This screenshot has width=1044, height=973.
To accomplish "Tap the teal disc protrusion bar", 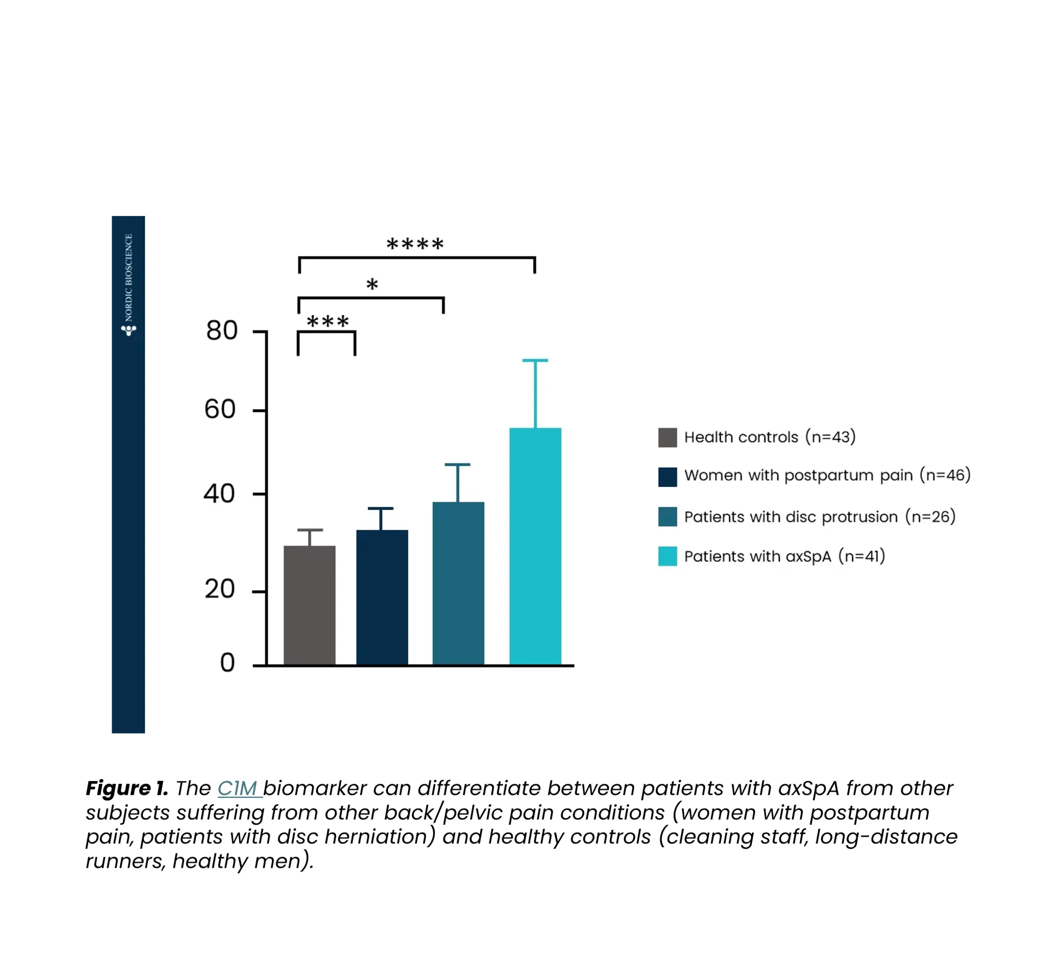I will (x=458, y=583).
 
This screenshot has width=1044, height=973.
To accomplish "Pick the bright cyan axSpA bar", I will (x=535, y=546).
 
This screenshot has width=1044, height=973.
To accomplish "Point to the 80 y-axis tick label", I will (x=221, y=330).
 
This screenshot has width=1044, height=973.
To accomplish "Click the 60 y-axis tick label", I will (x=220, y=409).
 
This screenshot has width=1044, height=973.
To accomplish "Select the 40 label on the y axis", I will (x=219, y=494).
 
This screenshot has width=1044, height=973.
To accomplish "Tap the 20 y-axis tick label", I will (x=219, y=589).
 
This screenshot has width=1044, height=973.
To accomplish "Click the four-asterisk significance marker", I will (x=415, y=244).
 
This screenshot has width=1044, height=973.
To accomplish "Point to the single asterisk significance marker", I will (x=372, y=285).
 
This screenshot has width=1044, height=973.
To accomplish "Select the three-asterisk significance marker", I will (x=328, y=321).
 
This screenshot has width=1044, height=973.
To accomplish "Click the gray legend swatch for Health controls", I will (x=667, y=437).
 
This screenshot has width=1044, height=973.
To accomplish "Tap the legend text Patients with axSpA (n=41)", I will (x=784, y=556).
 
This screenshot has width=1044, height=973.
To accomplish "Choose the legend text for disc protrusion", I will (x=819, y=517).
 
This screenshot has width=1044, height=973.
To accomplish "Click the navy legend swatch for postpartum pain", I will (x=667, y=477).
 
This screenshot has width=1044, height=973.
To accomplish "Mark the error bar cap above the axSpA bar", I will (x=535, y=361).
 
